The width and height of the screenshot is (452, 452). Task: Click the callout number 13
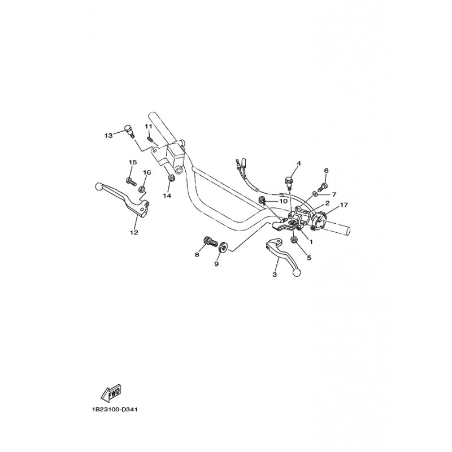(x=108, y=135)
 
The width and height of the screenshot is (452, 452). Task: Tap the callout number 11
(x=148, y=126)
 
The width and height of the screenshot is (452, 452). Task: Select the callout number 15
(x=132, y=163)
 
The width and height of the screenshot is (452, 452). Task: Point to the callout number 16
(x=147, y=172)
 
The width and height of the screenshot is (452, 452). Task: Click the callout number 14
(x=167, y=195)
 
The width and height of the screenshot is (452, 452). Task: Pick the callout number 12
(x=134, y=232)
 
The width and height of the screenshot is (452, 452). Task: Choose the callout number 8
(x=197, y=255)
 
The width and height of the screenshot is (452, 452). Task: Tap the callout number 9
(x=216, y=263)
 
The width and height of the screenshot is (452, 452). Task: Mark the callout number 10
(x=283, y=201)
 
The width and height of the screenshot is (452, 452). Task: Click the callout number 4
(x=299, y=163)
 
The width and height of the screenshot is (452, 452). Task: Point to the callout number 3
(x=275, y=275)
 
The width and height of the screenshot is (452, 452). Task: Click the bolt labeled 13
(x=128, y=131)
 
